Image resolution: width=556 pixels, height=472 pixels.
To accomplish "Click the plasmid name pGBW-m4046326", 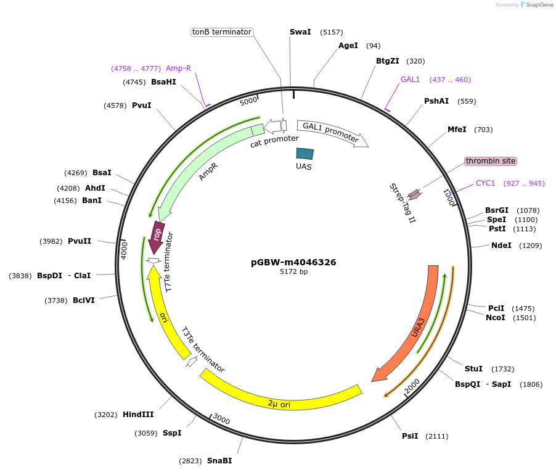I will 293,262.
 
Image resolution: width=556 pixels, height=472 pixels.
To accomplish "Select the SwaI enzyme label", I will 300,32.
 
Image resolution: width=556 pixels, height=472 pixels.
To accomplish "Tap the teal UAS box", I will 305,154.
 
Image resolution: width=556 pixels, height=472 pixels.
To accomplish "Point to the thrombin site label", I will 491,161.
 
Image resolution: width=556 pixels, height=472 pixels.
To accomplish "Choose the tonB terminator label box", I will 222,32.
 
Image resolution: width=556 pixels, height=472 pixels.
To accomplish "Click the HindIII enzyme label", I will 138,415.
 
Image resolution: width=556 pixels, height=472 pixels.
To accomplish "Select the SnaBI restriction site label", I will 219,461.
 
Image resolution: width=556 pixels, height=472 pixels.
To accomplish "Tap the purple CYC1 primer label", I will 485,183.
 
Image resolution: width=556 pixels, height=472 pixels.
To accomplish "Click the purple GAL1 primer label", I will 410,80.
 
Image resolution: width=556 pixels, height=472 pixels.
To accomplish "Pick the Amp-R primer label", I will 178,68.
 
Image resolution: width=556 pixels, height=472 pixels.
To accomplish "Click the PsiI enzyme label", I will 410,436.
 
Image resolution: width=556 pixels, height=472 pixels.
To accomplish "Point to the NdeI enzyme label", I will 501,246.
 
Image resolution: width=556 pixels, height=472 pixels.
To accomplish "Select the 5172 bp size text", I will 293,271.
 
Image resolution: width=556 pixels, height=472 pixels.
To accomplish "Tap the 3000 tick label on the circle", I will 221,420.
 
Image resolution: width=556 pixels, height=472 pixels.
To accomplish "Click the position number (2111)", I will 436,436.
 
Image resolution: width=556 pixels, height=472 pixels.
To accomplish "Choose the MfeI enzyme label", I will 457,130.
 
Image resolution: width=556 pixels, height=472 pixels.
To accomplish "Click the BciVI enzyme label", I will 83,300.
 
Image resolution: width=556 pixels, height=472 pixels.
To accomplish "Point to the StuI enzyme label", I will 473,369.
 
